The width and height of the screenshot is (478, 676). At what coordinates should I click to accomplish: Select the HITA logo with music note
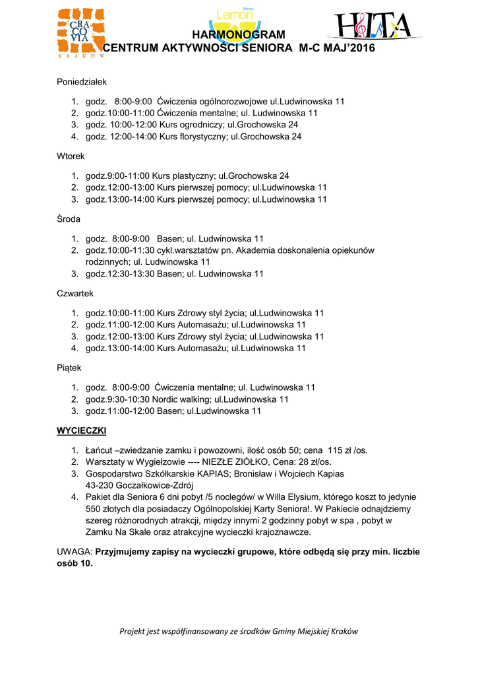pos(373,26)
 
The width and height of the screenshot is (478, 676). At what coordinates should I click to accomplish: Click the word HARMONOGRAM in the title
pos(239,35)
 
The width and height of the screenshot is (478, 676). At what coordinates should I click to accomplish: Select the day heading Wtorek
pos(71,156)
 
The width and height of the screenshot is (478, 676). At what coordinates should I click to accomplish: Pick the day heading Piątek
pos(69,367)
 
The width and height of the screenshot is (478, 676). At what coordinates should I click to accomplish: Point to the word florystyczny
pos(201,137)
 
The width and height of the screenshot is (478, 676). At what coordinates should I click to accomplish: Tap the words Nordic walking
pos(184,399)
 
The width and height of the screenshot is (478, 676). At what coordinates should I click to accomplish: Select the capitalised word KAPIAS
pos(194,473)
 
